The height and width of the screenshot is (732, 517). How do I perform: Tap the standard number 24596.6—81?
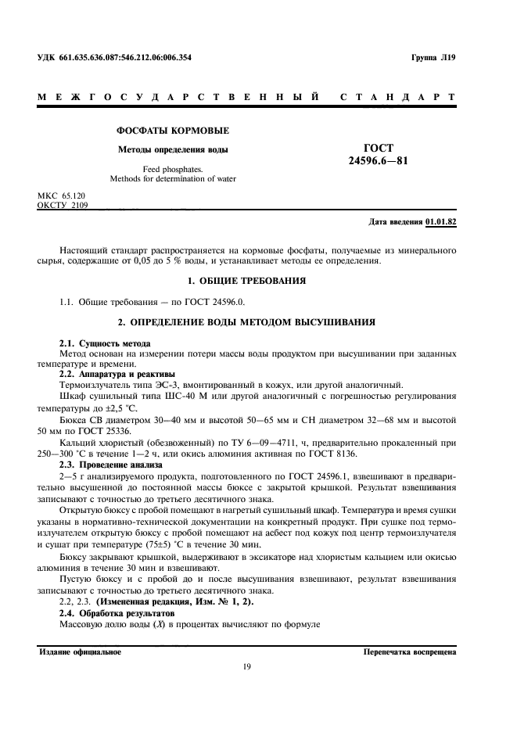point(379,161)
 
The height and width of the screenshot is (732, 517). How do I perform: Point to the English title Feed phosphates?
point(173,168)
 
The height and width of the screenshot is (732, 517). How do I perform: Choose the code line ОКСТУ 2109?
point(63,205)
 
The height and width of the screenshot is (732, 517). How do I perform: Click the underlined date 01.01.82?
point(441,221)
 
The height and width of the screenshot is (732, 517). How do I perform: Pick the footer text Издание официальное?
point(80,651)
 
